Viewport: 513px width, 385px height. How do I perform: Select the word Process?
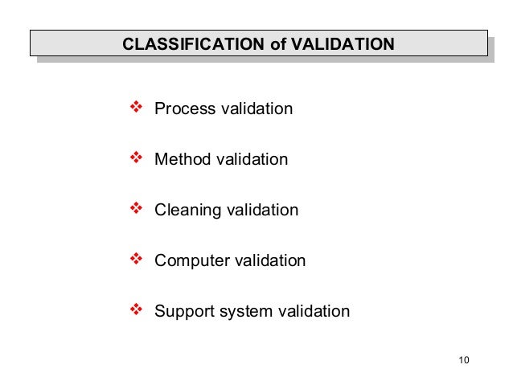[x=181, y=109]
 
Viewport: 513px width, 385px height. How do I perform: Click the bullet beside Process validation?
[x=135, y=107]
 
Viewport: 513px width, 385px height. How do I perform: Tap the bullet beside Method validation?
[x=135, y=158]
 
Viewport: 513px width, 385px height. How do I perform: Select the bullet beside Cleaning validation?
[x=135, y=209]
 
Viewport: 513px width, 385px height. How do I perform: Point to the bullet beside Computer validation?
[x=135, y=260]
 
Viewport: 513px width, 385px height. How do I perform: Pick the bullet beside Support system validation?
[x=135, y=310]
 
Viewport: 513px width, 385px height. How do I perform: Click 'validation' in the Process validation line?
[x=252, y=109]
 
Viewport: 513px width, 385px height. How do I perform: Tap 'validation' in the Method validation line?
[x=250, y=159]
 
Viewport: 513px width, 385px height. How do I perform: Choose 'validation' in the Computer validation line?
[x=268, y=261]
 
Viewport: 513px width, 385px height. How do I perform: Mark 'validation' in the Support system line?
[x=312, y=312]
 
